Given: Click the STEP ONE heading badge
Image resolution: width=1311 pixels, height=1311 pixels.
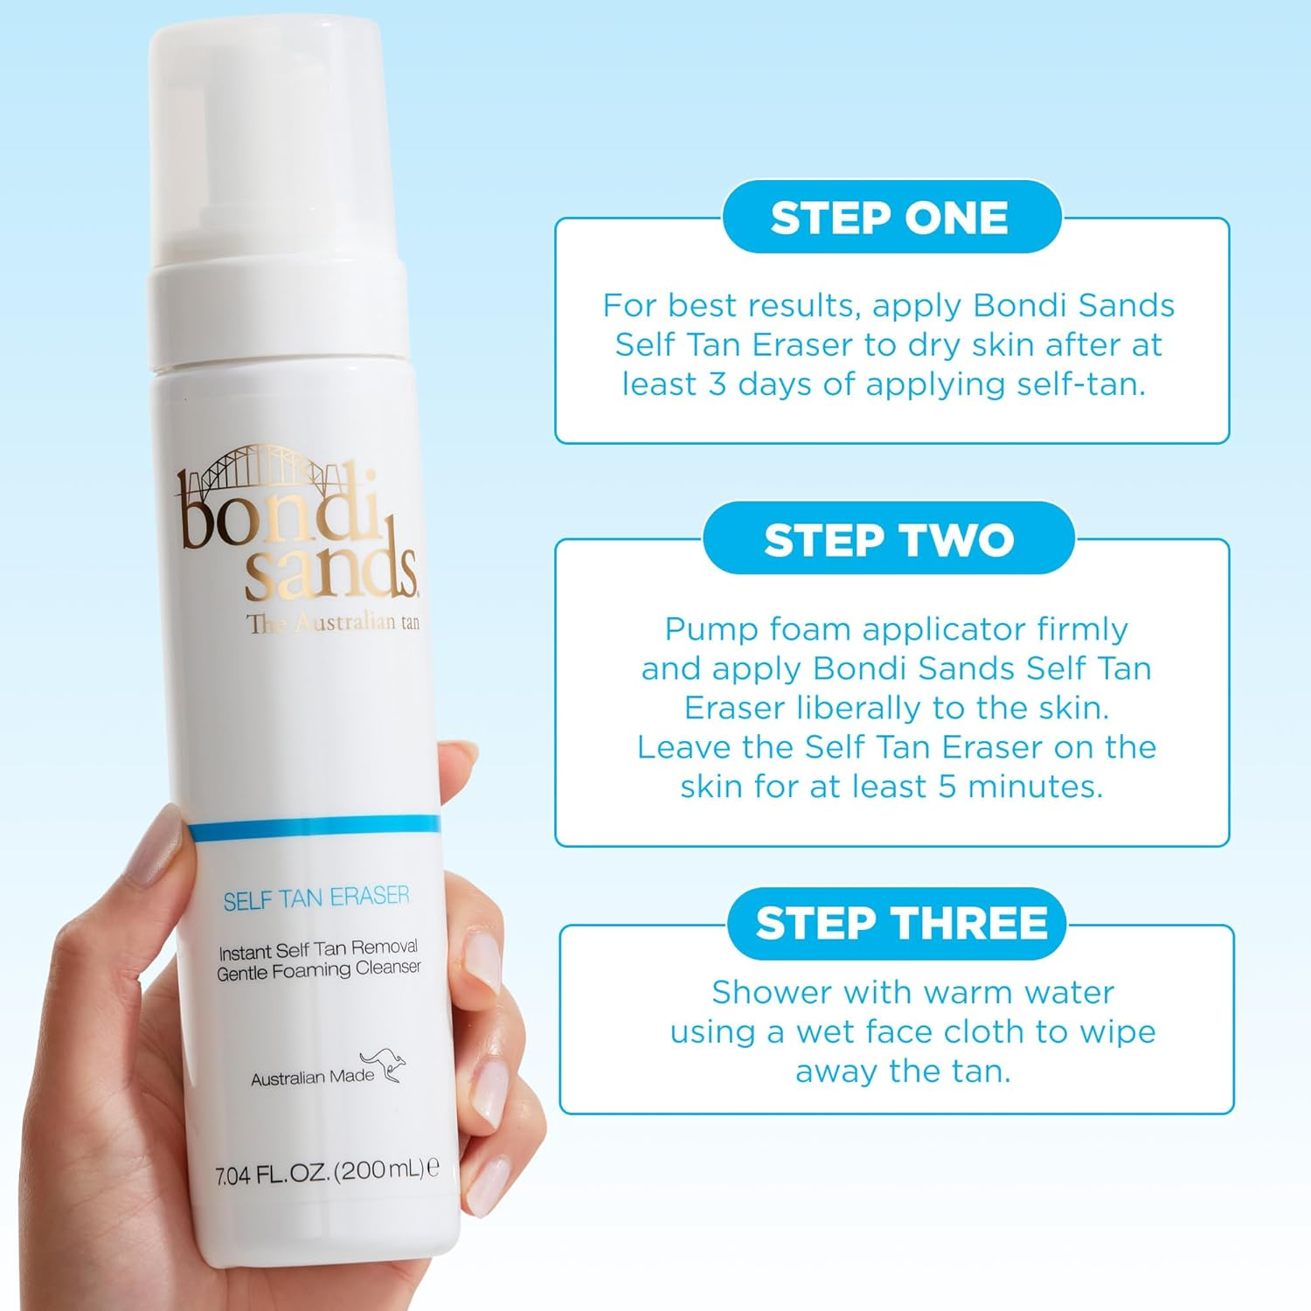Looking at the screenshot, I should (890, 218).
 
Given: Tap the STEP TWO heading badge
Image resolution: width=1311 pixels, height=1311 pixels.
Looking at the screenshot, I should (889, 539).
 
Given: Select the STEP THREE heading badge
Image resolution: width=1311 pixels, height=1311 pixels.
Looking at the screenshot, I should (900, 924).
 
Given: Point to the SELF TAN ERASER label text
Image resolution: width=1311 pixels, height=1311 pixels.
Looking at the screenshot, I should (316, 898).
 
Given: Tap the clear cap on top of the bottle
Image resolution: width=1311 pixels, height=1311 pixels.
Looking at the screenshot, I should (267, 140).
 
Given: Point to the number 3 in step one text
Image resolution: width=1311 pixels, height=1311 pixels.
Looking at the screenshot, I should (717, 385).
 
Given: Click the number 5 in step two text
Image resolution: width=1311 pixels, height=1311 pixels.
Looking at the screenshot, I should (947, 787).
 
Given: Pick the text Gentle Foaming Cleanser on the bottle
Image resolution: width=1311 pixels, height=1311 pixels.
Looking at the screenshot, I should (319, 970).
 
